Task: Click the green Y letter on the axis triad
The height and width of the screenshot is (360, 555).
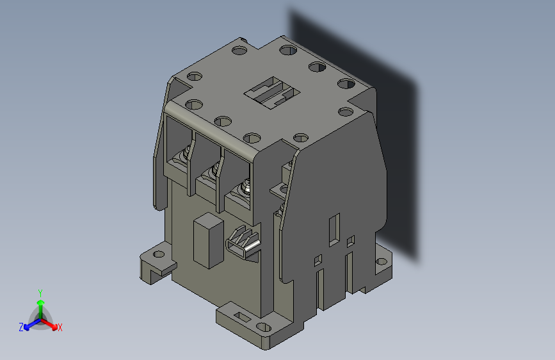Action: tap(40, 292)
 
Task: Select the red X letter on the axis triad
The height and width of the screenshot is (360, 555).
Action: tap(60, 328)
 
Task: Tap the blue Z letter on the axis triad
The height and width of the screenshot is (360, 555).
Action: tap(21, 327)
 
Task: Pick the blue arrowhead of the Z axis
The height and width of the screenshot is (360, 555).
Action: tap(27, 326)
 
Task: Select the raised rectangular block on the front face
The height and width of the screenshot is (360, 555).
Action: tap(207, 240)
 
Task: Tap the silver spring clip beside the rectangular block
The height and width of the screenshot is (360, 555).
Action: tap(245, 243)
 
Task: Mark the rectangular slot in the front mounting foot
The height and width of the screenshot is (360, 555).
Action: tap(243, 316)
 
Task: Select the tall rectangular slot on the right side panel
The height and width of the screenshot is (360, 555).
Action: tap(334, 231)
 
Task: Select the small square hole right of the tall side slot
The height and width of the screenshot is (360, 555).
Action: tap(350, 241)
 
